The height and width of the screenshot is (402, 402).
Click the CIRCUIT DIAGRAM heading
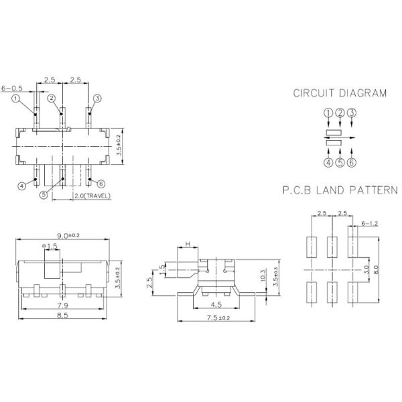tap(340, 93)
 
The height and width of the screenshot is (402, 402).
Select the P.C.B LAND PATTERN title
tap(340, 191)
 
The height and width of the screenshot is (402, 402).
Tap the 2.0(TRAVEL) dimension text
tap(92, 196)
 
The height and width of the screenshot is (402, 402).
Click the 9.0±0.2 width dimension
tap(68, 235)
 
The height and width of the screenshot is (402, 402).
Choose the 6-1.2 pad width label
tap(371, 222)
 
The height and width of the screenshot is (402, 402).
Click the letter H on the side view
tap(188, 244)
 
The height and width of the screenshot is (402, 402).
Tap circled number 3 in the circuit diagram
tap(351, 113)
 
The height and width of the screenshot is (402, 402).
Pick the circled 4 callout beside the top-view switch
tap(21, 186)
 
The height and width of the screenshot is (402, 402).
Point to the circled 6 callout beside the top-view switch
tap(101, 183)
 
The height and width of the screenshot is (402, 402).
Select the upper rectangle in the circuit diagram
tap(333, 131)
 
